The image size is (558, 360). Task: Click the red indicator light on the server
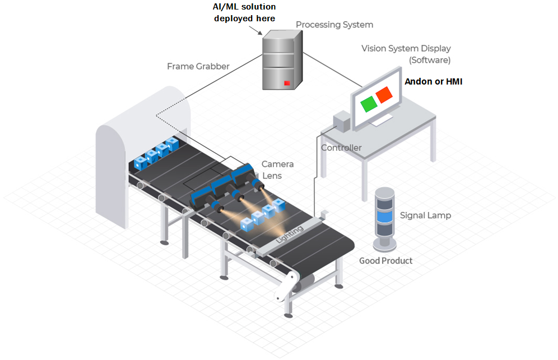287,83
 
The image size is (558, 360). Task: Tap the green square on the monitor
368,104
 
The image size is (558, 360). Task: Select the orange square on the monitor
384,95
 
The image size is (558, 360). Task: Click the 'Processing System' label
334,25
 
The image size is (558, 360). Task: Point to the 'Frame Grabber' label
198,67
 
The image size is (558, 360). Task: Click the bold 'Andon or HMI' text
433,82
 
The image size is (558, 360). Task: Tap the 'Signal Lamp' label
425,216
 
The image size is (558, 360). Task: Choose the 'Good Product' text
385,261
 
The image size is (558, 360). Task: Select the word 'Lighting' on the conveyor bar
290,233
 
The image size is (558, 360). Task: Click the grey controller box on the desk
341,120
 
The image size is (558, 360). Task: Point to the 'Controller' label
341,148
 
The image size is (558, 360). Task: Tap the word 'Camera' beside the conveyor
277,165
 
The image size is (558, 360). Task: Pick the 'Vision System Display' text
406,49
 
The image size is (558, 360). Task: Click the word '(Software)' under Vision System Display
430,60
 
